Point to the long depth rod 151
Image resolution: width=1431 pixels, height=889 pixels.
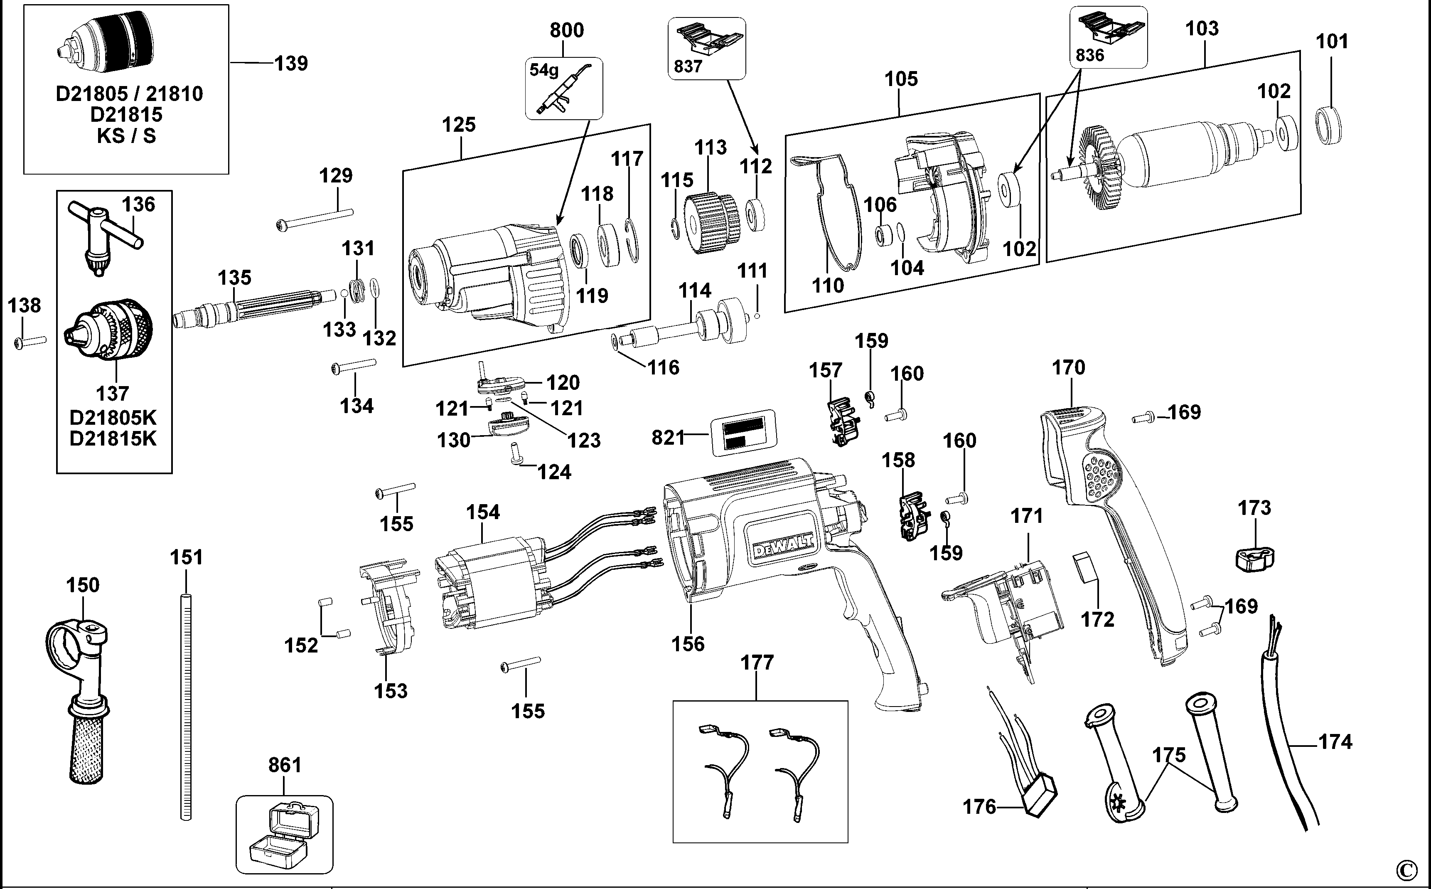[x=186, y=706]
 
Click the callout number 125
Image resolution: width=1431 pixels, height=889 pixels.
[x=458, y=125]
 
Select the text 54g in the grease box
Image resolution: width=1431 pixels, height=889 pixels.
[x=543, y=71]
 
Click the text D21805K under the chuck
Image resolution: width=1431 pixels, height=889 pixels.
[x=113, y=417]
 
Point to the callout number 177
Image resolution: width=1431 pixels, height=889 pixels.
[x=757, y=662]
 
